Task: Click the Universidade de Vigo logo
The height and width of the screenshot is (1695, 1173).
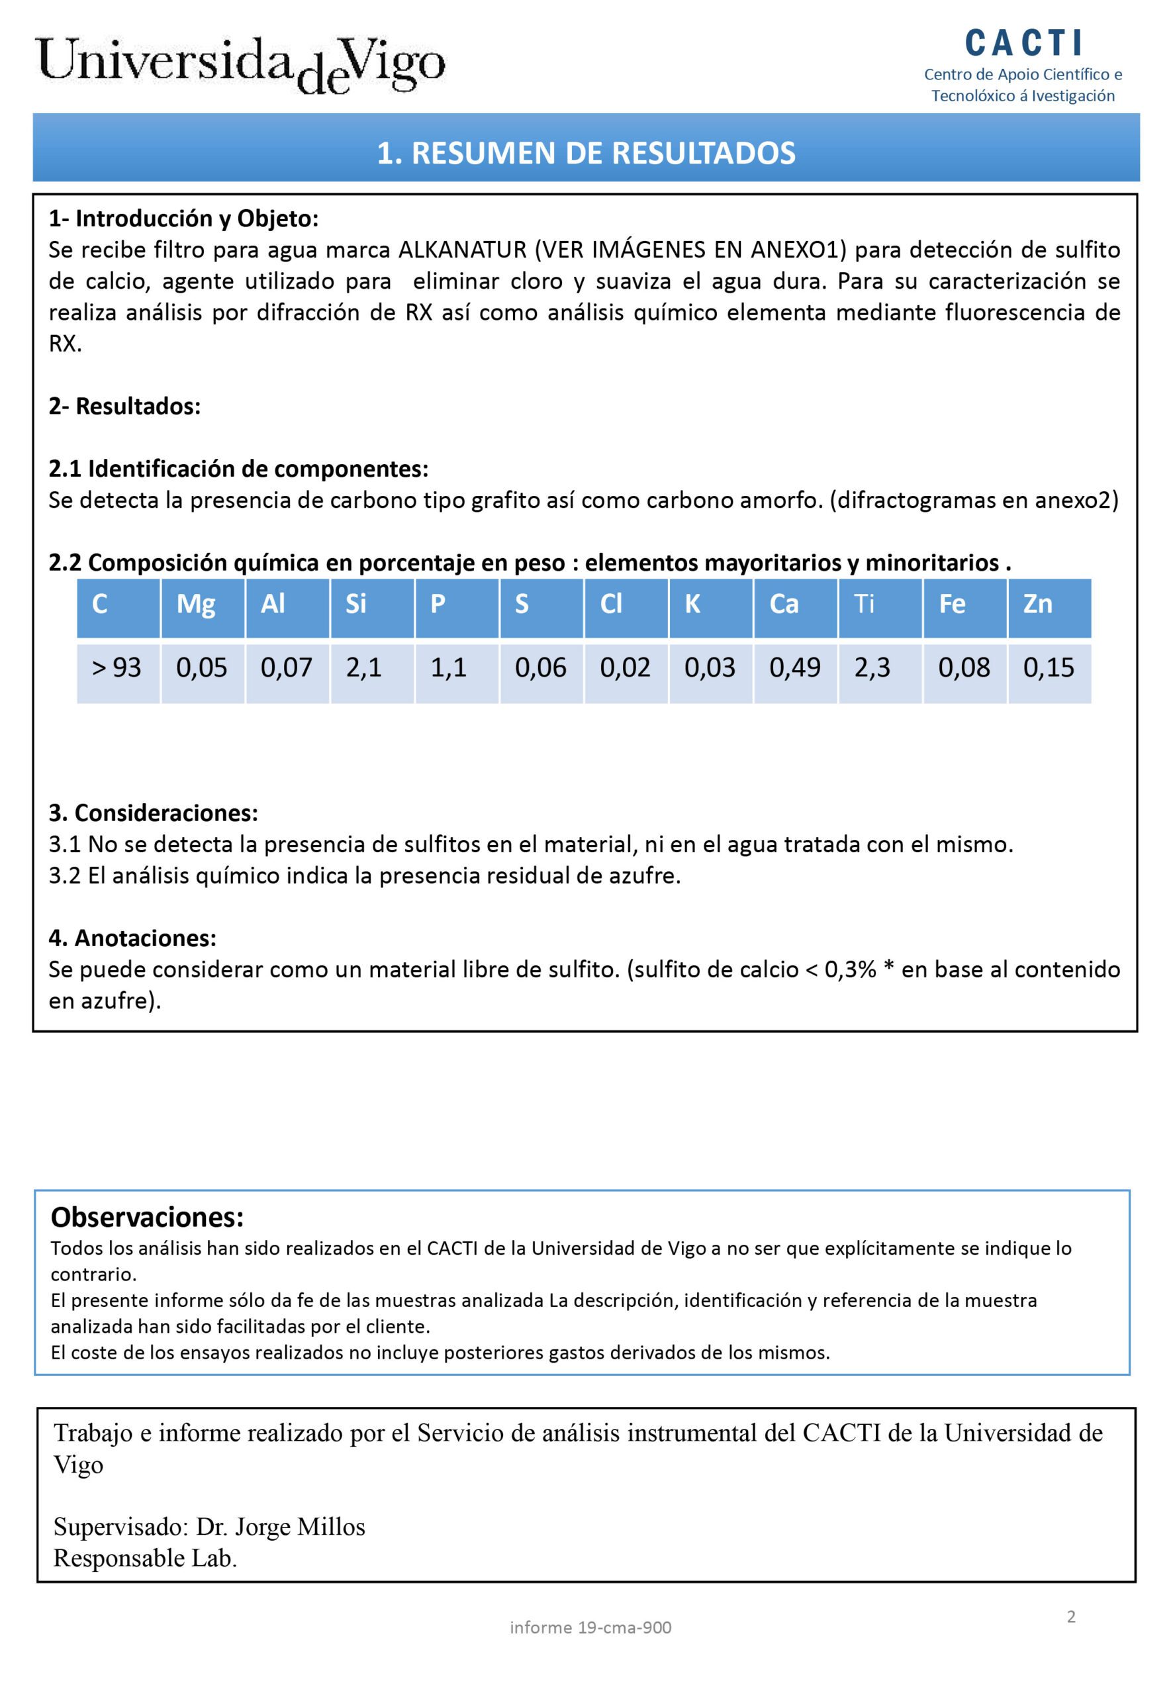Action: click(x=241, y=65)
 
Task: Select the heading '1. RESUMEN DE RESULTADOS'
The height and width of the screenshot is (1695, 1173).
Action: click(x=586, y=153)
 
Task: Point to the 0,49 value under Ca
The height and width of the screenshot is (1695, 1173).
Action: click(x=794, y=667)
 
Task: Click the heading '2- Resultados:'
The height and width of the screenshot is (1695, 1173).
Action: click(x=124, y=406)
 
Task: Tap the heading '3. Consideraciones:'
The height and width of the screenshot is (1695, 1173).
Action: click(x=153, y=812)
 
